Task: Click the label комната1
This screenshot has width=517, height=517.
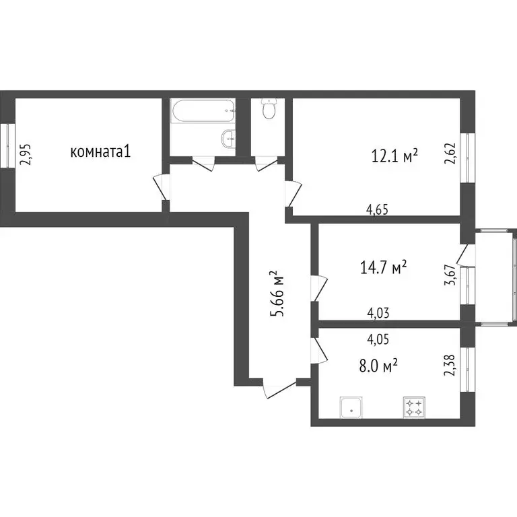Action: click(100, 152)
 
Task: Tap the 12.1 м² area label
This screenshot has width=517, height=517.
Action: click(394, 156)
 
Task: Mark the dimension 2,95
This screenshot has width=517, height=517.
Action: click(25, 153)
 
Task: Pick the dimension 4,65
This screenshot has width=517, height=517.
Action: click(378, 209)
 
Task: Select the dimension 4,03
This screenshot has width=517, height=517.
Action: click(378, 312)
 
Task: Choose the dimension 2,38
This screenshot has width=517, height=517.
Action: click(450, 368)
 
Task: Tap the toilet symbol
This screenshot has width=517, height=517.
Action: click(269, 109)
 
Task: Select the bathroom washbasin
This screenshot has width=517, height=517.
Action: click(228, 139)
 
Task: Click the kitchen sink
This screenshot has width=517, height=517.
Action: click(351, 406)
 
